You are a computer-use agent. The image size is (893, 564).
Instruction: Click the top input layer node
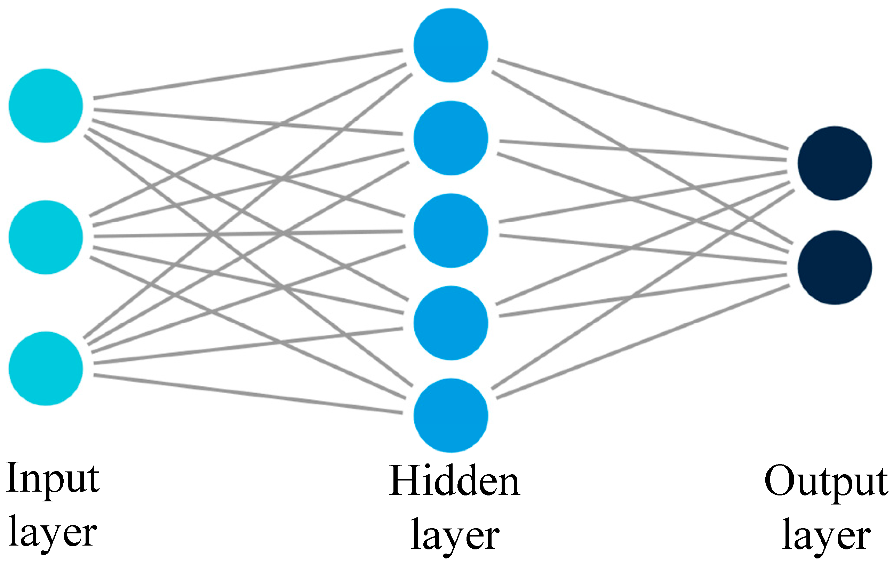click(x=46, y=106)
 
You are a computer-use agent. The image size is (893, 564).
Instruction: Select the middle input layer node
click(x=46, y=237)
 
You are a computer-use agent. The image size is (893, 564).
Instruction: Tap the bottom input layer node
click(x=46, y=368)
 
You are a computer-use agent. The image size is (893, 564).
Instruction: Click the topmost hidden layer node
click(x=451, y=45)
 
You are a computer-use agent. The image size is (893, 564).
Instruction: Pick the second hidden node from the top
click(x=451, y=138)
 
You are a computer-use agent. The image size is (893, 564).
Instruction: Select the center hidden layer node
click(x=451, y=231)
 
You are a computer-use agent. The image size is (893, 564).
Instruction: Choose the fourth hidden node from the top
click(x=451, y=323)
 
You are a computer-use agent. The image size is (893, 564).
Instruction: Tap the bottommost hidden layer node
click(x=451, y=416)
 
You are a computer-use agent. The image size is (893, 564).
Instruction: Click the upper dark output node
click(x=835, y=163)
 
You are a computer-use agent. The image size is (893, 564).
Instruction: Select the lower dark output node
click(x=835, y=268)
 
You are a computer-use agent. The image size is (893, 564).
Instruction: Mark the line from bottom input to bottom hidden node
click(x=248, y=394)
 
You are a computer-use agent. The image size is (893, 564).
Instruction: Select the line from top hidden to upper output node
click(x=643, y=104)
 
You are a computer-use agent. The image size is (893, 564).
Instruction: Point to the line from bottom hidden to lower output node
click(x=643, y=342)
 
